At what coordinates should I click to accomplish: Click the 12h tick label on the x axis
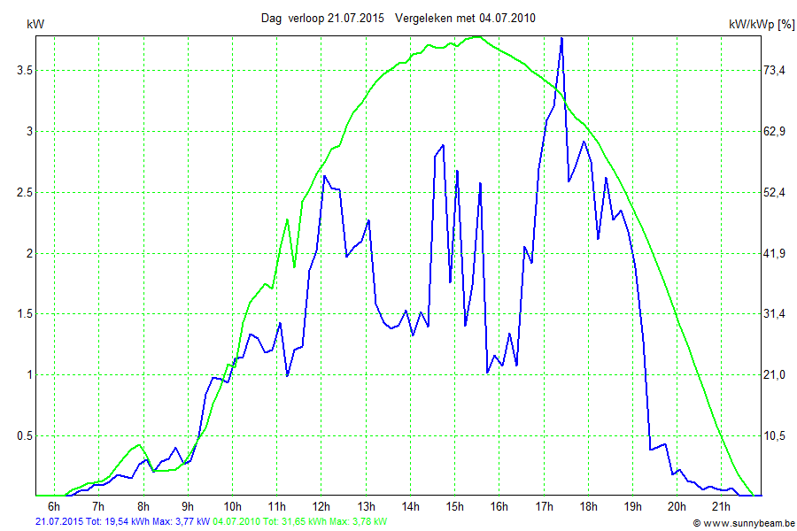(x=321, y=506)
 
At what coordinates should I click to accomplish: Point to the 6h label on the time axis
(x=54, y=506)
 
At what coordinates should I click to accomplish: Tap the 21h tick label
(x=721, y=506)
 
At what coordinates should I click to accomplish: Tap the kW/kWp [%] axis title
(x=761, y=25)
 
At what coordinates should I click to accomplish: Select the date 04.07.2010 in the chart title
(x=507, y=18)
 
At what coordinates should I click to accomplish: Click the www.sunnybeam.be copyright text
(x=747, y=523)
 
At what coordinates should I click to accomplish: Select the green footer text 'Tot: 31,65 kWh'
(x=296, y=522)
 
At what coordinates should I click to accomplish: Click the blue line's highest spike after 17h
(x=561, y=38)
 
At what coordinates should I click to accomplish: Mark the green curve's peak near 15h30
(x=476, y=36)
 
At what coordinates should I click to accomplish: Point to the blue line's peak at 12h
(x=324, y=176)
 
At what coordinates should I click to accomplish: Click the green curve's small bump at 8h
(x=139, y=444)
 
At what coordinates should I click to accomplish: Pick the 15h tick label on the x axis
(x=454, y=506)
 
